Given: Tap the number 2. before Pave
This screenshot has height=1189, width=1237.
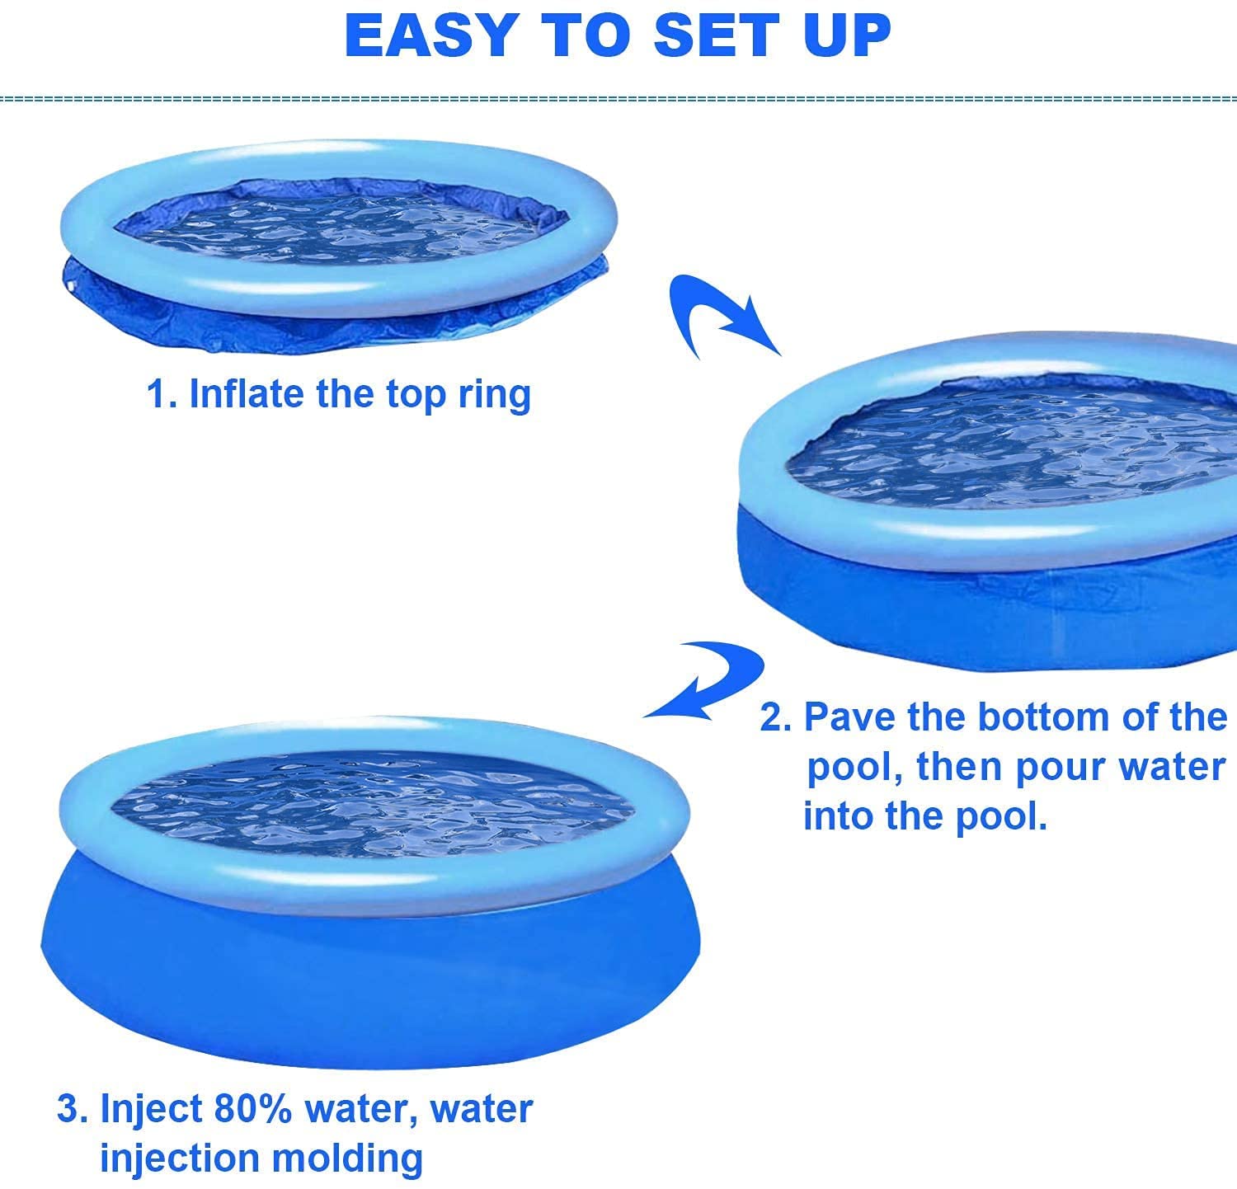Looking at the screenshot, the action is (x=775, y=717).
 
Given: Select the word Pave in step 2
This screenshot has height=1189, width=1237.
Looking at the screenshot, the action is (x=850, y=717).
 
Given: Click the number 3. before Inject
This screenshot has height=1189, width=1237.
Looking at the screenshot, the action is (x=72, y=1108).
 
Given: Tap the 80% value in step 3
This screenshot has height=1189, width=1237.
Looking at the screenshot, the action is (x=252, y=1108).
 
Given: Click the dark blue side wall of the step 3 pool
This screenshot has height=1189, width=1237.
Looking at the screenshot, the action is (x=371, y=981).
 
